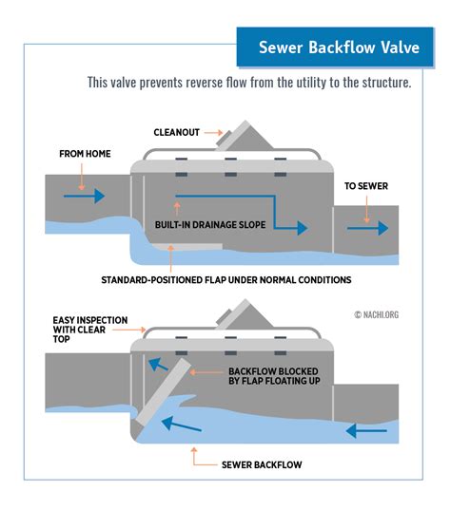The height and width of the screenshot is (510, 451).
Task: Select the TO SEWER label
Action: (366, 187)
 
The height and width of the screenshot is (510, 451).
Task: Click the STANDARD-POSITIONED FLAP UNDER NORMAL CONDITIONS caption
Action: (226, 279)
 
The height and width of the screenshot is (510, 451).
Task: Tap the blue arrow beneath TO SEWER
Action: (369, 228)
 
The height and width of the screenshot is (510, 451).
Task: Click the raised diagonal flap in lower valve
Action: (160, 399)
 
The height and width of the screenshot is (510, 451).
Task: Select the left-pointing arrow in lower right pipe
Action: (366, 428)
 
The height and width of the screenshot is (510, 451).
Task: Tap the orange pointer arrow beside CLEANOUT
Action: (215, 133)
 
